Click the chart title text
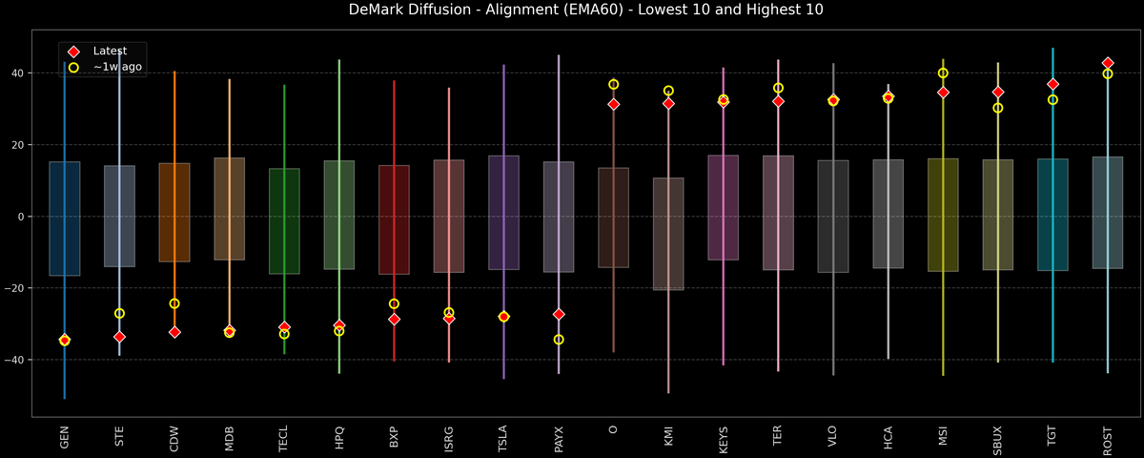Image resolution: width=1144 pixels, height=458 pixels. [572, 10]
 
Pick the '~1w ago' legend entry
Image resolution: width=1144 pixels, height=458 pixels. [112, 67]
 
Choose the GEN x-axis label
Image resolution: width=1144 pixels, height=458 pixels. [65, 437]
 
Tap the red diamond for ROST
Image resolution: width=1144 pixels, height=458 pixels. [1108, 63]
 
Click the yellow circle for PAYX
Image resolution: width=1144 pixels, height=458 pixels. [559, 340]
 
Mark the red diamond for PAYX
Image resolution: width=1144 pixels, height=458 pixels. [559, 314]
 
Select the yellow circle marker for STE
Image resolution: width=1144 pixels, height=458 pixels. [119, 313]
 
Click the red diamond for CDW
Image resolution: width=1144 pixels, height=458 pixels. [174, 332]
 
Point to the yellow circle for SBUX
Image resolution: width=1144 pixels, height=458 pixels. [998, 108]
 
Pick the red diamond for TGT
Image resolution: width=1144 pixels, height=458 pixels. [1052, 84]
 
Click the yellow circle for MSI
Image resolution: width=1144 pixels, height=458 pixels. [943, 73]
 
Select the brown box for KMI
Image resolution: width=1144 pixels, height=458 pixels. [668, 234]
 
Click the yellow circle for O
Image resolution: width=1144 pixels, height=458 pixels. [613, 84]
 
